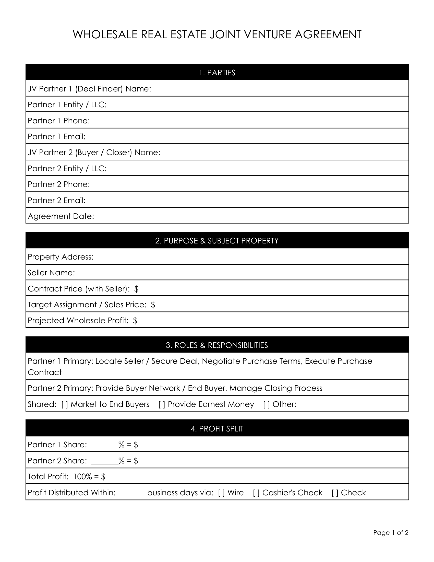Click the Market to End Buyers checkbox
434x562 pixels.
coord(65,405)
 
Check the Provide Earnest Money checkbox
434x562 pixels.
coord(162,405)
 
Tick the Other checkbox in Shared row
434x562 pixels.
coord(267,405)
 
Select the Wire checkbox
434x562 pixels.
coord(221,493)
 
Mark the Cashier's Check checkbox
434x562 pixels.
coord(256,493)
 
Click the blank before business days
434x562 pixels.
coord(131,493)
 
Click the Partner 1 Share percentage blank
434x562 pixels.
coord(105,445)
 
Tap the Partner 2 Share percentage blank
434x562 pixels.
coord(105,461)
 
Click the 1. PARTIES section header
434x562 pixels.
coord(217,73)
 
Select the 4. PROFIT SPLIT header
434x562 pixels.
coord(217,429)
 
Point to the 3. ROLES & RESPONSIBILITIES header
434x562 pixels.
coord(217,345)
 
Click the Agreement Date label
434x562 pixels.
coord(61,216)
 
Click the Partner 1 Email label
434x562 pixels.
coord(57,137)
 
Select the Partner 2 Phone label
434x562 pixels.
coord(59,184)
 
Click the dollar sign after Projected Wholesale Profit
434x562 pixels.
coord(135,321)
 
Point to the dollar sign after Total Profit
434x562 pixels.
coord(103,477)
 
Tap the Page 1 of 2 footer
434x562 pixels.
coord(391,533)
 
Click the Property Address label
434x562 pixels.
coord(61,257)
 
